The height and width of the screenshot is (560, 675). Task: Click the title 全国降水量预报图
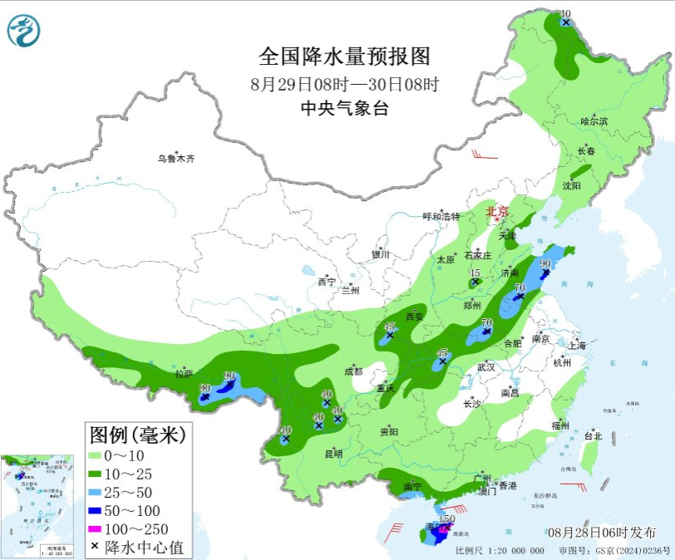[x=345, y=56]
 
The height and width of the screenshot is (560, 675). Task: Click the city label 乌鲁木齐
[x=176, y=158]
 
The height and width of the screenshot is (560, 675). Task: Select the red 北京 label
[x=498, y=212]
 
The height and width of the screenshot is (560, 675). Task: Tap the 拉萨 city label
[x=184, y=373]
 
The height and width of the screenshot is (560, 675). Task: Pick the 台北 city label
[x=593, y=435]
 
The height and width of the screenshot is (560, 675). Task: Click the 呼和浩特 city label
[x=441, y=216]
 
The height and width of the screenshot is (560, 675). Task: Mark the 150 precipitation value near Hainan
[x=446, y=519]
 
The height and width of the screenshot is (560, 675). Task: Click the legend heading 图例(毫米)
[x=138, y=434]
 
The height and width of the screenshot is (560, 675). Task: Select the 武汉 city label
[x=485, y=366]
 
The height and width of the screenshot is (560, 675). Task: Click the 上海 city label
[x=576, y=345]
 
